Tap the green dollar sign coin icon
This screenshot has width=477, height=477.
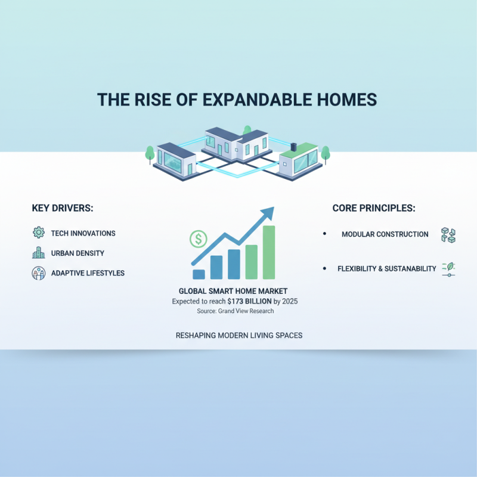click(198, 240)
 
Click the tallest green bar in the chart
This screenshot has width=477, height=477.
click(268, 252)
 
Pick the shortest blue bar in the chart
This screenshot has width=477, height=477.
click(199, 274)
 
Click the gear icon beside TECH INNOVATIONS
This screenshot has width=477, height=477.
click(39, 233)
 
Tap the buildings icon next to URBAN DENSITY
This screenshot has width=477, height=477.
click(39, 253)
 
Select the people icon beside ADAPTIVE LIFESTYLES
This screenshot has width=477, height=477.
click(39, 273)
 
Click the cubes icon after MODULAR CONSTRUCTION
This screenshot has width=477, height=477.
click(448, 234)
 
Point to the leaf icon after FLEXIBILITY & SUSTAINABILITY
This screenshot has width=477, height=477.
click(448, 269)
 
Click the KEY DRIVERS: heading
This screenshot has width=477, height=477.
click(63, 208)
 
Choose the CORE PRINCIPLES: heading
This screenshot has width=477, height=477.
click(373, 208)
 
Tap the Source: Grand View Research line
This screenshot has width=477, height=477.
click(235, 311)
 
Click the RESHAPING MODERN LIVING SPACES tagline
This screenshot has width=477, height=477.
click(238, 336)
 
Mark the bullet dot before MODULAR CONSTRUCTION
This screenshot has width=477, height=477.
click(324, 234)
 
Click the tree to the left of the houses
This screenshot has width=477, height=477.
click(150, 154)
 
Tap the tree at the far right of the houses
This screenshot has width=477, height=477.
click(325, 154)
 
